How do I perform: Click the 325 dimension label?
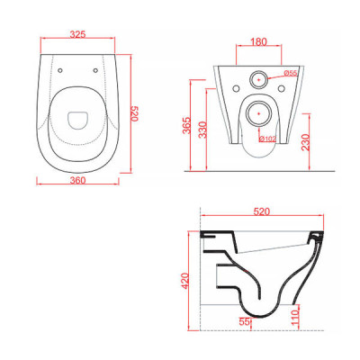point(77,34)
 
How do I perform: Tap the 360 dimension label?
point(77,180)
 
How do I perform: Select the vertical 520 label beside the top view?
point(134,113)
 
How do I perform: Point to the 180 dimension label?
point(258,41)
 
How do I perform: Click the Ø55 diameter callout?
point(290,72)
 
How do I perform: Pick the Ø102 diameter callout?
point(268,139)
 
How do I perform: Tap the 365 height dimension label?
point(186,125)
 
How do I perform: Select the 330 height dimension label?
point(203,130)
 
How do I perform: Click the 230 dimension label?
point(306,142)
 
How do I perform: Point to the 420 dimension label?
point(186,281)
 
